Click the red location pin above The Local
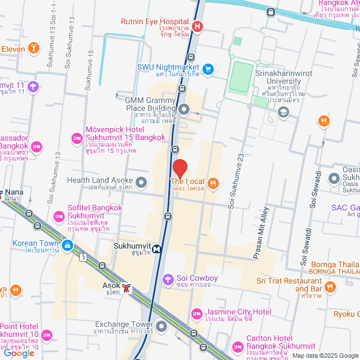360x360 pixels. (x=179, y=169)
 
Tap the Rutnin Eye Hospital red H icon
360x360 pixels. (x=197, y=26)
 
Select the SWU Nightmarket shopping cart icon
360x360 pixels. (x=208, y=69)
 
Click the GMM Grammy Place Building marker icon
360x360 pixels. (x=184, y=109)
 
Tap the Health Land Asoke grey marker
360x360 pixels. (x=141, y=182)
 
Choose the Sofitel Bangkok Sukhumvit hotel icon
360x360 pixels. (x=58, y=216)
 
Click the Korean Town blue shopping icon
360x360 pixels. (x=67, y=245)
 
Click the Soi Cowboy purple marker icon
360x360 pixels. (x=167, y=279)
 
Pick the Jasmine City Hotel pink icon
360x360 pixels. (x=196, y=313)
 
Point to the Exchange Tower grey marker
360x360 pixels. (x=162, y=326)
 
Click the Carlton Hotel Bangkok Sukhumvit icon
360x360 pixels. (x=237, y=345)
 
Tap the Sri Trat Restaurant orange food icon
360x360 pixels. (x=330, y=287)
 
